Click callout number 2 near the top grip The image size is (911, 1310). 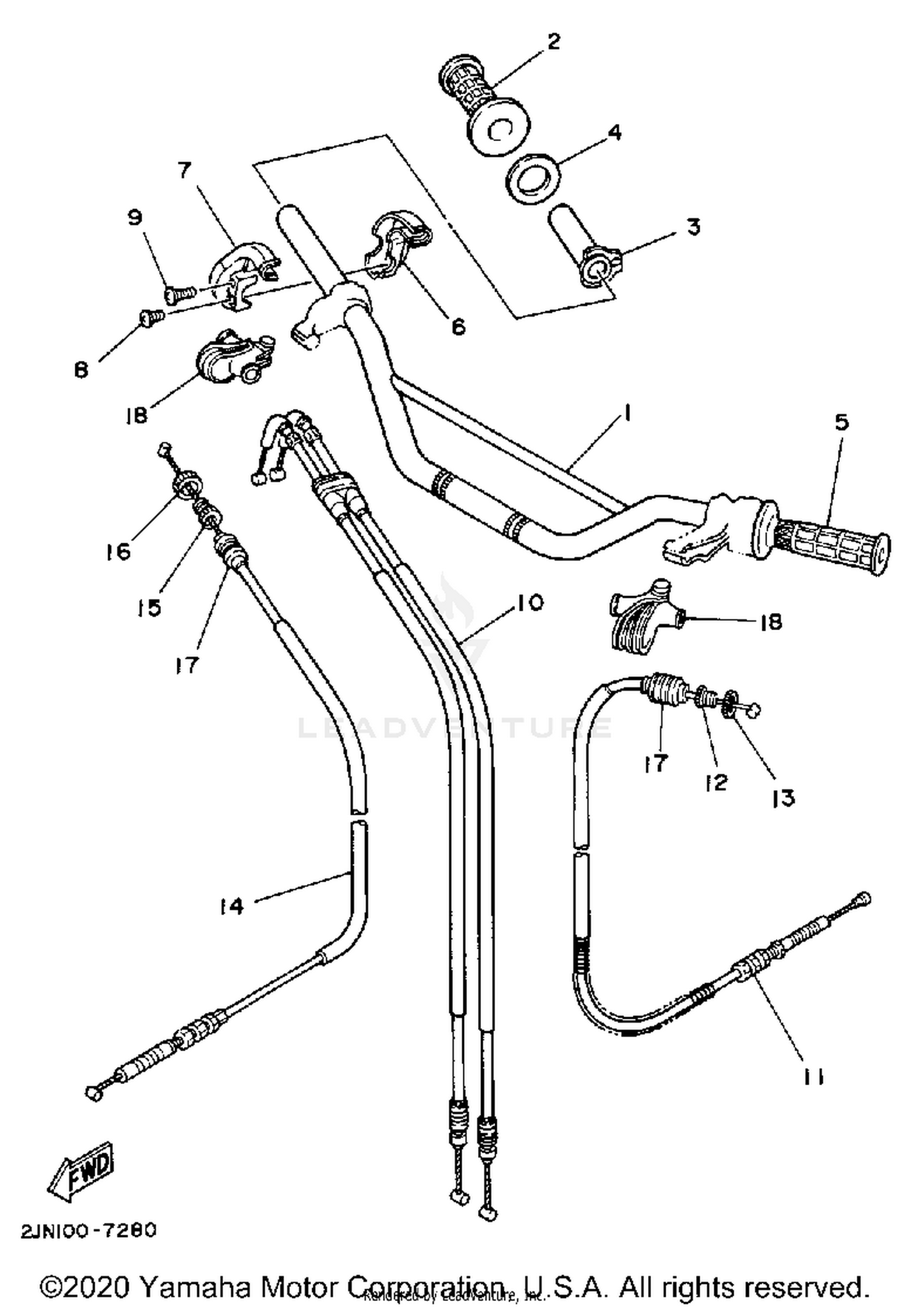click(553, 43)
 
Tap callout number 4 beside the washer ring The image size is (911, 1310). click(614, 132)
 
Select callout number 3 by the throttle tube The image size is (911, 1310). click(693, 227)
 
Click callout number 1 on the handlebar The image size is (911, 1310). click(627, 414)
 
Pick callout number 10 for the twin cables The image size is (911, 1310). click(530, 603)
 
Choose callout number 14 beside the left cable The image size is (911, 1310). click(231, 906)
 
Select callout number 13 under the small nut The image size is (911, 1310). click(783, 798)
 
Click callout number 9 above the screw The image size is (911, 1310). click(134, 217)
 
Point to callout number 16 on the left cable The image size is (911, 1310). click(119, 551)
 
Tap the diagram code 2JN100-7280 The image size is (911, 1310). click(89, 1230)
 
